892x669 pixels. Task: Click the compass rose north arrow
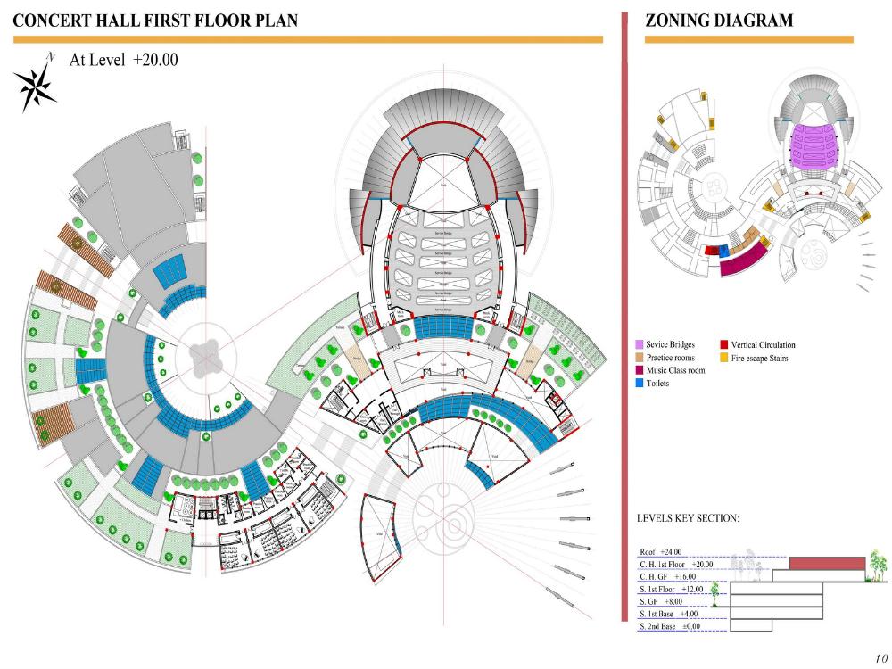point(35,83)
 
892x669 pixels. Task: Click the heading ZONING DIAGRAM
point(718,21)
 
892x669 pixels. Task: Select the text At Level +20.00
point(124,60)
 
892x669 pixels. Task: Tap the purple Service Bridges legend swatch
point(639,345)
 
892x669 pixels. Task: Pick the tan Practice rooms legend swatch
point(639,358)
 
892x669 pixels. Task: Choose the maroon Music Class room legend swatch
point(639,370)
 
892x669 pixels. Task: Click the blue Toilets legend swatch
point(639,384)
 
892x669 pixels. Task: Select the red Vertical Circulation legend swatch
point(723,345)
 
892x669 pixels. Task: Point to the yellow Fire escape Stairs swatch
point(723,358)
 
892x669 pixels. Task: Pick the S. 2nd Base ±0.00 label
point(670,627)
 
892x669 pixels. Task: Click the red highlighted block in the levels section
point(827,564)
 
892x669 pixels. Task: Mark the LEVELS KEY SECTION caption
point(688,518)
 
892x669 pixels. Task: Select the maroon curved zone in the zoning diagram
point(746,260)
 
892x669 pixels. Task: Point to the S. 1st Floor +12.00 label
point(672,590)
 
